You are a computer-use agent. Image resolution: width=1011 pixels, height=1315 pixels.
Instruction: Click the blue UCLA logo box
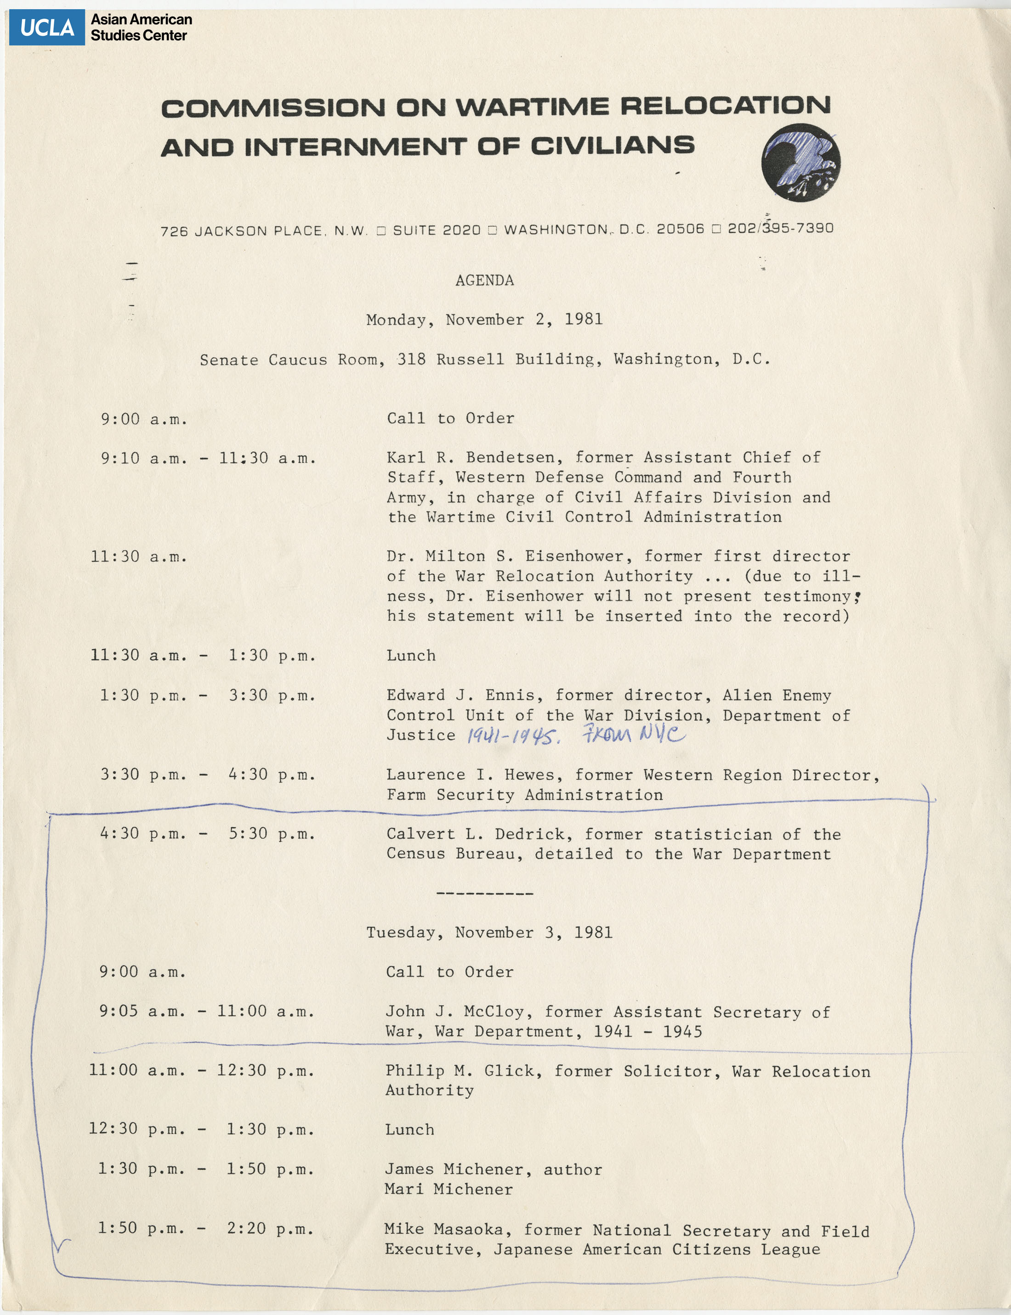click(x=47, y=28)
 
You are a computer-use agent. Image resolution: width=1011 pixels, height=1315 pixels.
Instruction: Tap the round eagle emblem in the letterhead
click(x=801, y=163)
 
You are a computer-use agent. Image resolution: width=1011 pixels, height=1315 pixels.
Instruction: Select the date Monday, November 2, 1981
click(x=484, y=319)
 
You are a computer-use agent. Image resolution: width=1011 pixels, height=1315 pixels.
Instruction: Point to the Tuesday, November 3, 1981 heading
click(x=489, y=933)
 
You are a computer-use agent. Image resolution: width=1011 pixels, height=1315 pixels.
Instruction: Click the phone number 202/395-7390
click(x=780, y=229)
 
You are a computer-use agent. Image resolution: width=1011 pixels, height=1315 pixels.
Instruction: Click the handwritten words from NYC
click(x=633, y=734)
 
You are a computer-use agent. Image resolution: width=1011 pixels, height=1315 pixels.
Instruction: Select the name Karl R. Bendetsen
click(x=475, y=458)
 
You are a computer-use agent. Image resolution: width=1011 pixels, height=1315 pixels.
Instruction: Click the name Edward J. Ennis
click(x=465, y=695)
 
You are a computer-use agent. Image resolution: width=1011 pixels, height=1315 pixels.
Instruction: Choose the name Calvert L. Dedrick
click(x=479, y=834)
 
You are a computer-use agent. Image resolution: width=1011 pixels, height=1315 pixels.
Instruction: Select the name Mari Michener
click(x=449, y=1189)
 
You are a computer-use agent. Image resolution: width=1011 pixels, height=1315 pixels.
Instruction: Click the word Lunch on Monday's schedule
click(x=411, y=655)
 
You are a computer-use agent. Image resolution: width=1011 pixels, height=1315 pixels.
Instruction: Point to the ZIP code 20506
click(x=680, y=229)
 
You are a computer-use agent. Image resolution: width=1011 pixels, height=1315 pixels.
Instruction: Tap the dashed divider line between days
click(x=484, y=894)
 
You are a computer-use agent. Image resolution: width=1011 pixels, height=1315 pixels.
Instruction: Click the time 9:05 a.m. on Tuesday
click(x=142, y=1012)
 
